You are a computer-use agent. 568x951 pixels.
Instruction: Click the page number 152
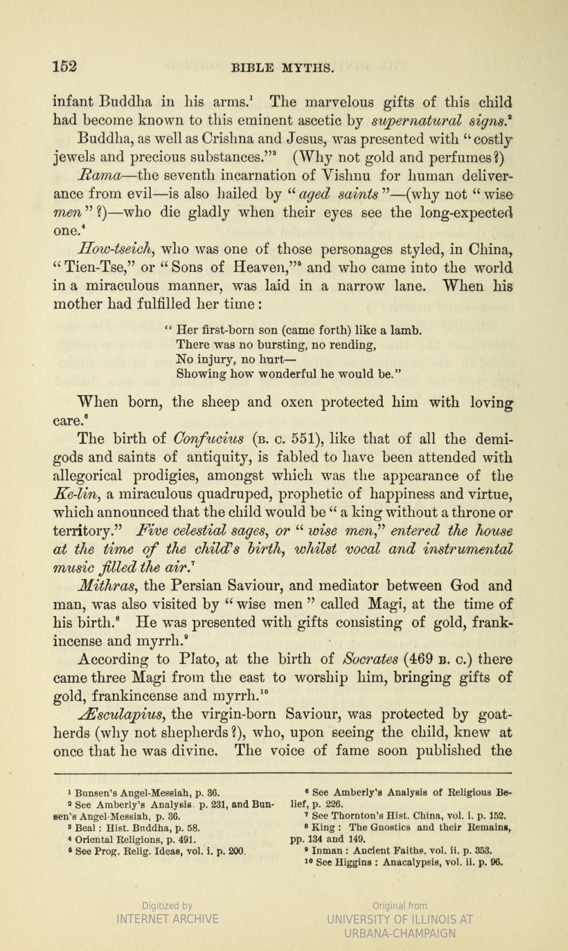[65, 67]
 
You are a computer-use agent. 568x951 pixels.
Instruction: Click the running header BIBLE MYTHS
[282, 69]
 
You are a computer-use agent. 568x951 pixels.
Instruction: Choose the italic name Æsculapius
[120, 714]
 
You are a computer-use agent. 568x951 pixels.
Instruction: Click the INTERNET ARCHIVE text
[167, 919]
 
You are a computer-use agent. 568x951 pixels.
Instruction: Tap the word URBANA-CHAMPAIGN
[400, 933]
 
